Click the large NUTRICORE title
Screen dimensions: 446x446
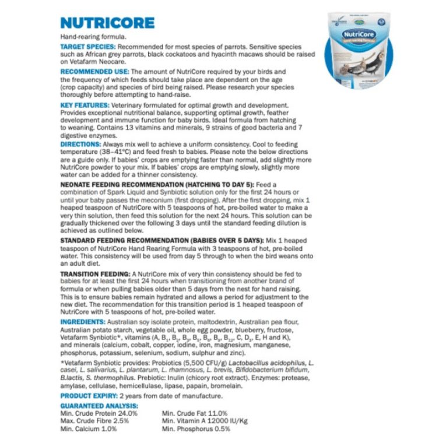coord(108,23)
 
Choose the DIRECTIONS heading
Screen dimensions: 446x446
coord(81,144)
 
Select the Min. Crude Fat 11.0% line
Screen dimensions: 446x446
coord(195,413)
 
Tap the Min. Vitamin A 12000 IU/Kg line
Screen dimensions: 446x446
coord(205,420)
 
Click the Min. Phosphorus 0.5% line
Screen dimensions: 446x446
coord(196,429)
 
